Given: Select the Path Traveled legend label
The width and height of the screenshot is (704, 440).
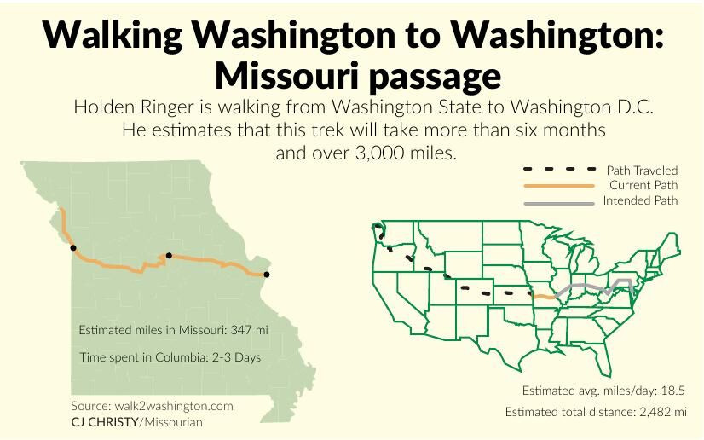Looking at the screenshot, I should point(642,171).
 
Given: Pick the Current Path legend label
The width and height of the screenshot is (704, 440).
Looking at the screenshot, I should point(643,185).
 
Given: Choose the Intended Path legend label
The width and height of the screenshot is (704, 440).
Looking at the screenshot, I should point(640,200).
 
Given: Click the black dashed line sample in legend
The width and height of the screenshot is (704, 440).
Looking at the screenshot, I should point(558,170).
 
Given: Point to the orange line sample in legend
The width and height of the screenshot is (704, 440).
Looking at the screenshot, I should point(558,185).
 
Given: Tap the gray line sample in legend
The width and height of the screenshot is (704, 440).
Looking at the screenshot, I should point(558,203).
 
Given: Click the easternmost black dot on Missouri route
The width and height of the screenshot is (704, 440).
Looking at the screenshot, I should point(266,275).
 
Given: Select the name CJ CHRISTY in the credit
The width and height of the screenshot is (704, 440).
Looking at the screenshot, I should point(105,422).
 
